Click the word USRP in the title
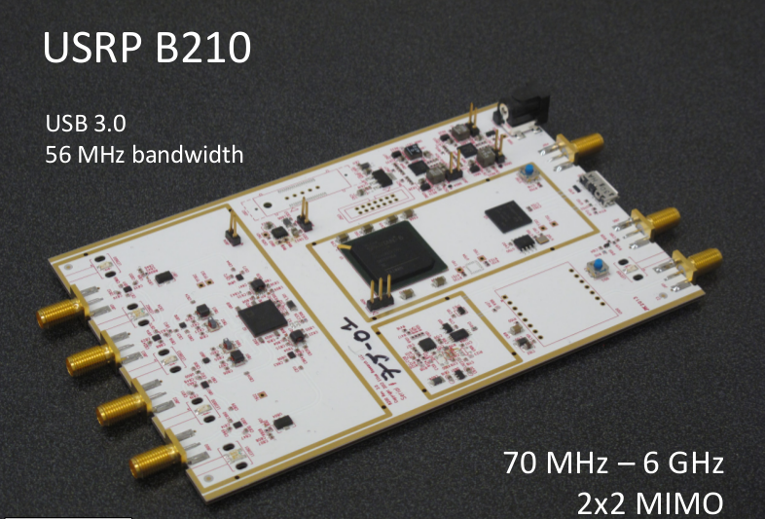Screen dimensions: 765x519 pos(91,48)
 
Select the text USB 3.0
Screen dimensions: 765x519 pos(86,125)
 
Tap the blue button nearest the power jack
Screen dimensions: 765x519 pos(527,172)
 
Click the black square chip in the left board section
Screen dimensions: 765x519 pos(258,317)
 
